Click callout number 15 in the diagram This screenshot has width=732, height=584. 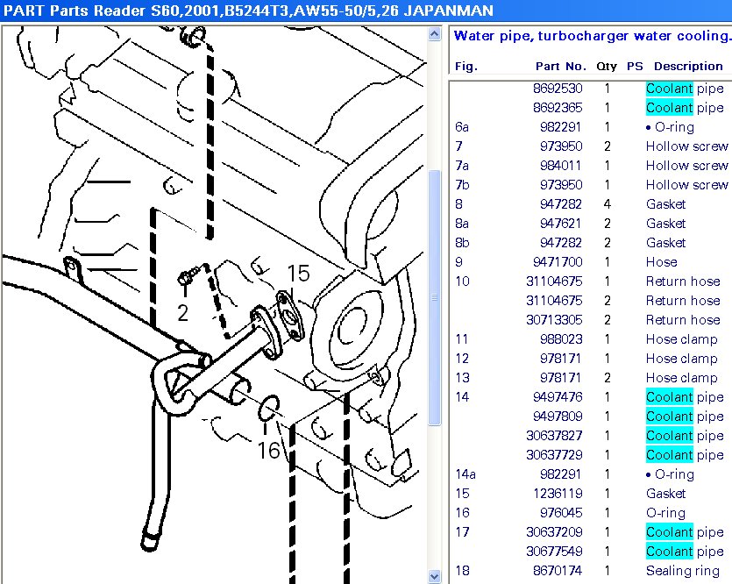click(299, 274)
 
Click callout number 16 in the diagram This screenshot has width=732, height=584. click(268, 451)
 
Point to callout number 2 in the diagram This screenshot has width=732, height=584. click(182, 313)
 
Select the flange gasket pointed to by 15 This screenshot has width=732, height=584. click(287, 312)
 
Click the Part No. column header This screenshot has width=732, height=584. click(560, 66)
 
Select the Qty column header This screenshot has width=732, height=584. click(607, 66)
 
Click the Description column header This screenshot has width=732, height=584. click(688, 66)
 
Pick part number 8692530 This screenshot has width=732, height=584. click(557, 89)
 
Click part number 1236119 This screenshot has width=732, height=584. click(557, 494)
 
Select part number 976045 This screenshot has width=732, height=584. click(560, 513)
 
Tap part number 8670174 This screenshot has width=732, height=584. click(557, 571)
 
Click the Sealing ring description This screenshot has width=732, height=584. click(681, 571)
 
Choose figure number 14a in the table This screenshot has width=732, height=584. click(465, 474)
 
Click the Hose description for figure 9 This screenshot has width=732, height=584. click(661, 262)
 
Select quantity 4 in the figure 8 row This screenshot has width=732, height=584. click(607, 204)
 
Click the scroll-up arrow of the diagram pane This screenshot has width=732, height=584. click(434, 34)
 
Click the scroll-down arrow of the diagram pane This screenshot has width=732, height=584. click(434, 576)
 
